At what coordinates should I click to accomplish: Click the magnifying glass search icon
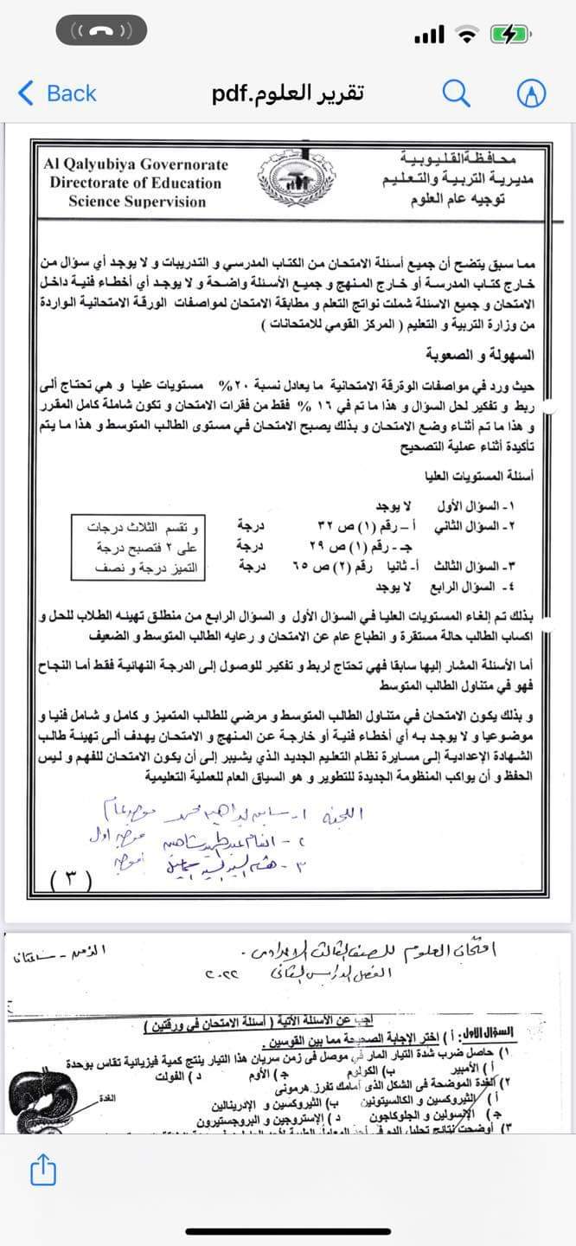click(458, 93)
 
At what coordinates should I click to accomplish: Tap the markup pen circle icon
click(531, 93)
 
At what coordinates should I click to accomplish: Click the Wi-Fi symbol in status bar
click(467, 34)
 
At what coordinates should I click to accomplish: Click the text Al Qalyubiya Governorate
click(137, 164)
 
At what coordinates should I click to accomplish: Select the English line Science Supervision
click(137, 202)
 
